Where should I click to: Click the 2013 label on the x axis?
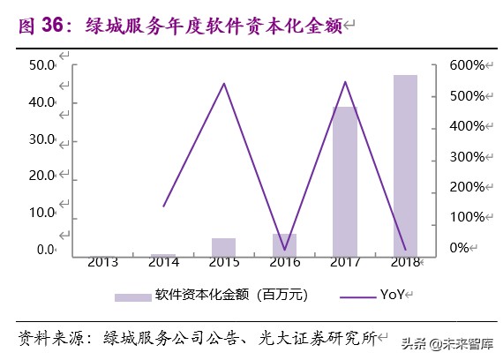point(104,262)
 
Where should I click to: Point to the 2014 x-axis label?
point(164,262)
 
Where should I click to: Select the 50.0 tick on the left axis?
point(41,65)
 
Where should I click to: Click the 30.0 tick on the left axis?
point(41,139)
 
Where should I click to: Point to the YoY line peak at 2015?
point(224,84)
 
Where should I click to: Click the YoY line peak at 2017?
point(344,82)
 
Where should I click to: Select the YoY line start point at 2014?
point(164,206)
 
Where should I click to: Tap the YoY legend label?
point(392,295)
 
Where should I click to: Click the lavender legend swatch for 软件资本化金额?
point(131,295)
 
